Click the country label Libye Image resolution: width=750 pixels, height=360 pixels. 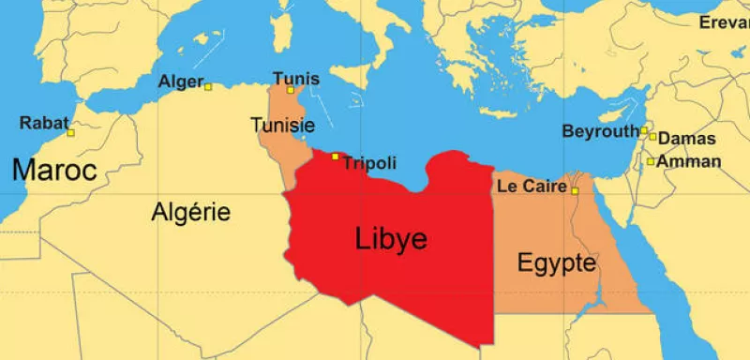391,239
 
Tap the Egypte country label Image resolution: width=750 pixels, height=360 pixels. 557,263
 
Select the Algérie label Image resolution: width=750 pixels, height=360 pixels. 191,212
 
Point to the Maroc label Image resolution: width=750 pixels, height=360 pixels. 55,171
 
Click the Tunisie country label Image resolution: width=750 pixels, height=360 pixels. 282,125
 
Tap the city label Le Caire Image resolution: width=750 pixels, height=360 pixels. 532,187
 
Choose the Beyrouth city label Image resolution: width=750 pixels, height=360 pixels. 600,131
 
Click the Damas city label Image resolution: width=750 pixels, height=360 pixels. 687,139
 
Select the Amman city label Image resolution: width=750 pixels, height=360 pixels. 689,161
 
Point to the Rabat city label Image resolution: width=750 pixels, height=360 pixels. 44,121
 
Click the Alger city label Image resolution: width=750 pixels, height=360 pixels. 180,82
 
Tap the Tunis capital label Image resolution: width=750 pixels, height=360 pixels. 295,78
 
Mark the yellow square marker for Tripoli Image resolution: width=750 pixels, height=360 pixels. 336,156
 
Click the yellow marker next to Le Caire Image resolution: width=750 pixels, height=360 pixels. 575,192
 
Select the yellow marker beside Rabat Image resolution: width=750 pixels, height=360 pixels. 70,133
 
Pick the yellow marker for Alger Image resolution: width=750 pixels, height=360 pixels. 208,87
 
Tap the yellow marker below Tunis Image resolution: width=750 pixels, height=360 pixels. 291,90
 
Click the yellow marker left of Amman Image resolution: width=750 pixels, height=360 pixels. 651,161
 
